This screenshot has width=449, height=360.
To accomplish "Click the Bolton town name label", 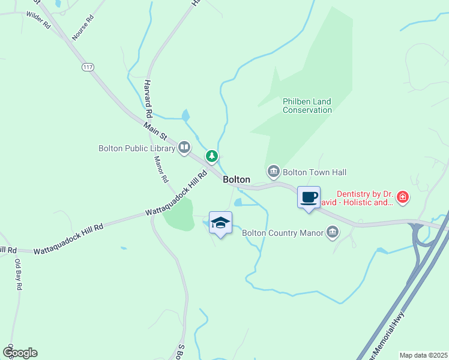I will (237, 179).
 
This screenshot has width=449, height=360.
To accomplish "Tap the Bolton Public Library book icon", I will (184, 148).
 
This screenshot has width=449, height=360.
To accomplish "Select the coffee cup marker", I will (309, 197).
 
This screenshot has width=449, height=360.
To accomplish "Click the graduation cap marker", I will (220, 223).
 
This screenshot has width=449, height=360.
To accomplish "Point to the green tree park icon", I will (212, 156).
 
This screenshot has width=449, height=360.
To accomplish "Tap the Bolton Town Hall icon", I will (274, 172).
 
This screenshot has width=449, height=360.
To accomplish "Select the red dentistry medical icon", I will (403, 197).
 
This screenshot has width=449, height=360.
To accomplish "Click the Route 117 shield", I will (88, 67).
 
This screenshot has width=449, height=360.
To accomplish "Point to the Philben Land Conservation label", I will (307, 106).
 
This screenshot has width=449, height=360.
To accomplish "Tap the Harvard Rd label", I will (148, 98).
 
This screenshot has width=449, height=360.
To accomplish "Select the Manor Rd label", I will (160, 169).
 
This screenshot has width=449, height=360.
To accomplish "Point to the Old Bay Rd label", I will (18, 274).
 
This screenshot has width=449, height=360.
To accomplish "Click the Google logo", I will (19, 353).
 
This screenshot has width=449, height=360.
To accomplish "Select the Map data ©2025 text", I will (423, 355).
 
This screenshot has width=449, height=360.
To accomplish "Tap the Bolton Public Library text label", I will (137, 148).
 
